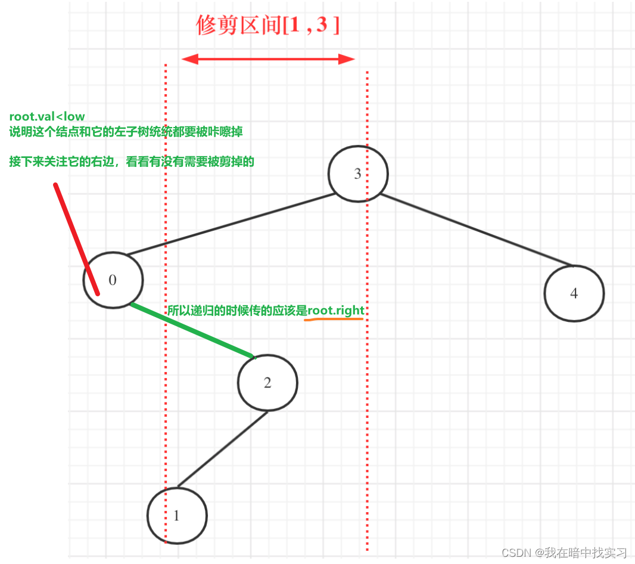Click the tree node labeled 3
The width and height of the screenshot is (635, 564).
(358, 174)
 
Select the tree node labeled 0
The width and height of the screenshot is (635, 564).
(113, 280)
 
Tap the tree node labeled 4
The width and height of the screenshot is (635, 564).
(574, 293)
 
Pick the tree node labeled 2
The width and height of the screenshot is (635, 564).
(267, 383)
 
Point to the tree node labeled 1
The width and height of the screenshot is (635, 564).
(176, 516)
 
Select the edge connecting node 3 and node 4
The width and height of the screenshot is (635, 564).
(477, 229)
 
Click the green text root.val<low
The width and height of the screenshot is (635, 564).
(47, 117)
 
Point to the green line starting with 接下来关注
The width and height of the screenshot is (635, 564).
(132, 162)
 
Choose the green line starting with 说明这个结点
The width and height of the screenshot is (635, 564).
(126, 131)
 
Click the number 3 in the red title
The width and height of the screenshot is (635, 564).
(322, 26)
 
